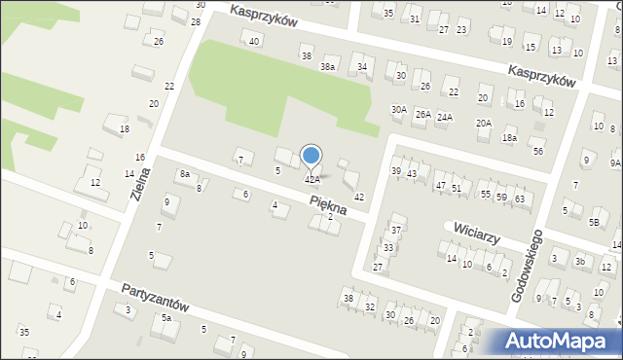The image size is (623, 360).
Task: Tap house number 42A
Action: pos(312,179)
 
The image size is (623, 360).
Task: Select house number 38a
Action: pos(329,66)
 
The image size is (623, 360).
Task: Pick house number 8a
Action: pos(184,173)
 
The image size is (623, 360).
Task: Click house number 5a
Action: pos(166,318)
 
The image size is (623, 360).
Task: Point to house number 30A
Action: pos(399,110)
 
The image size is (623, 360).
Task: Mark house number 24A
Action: pos(445,117)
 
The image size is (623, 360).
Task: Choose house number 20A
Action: pos(483,124)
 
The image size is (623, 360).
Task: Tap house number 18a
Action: pos(509,138)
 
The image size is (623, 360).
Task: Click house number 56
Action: pos(538,151)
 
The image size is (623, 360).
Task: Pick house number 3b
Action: pos(580,261)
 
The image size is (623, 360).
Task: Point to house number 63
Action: pos(520,199)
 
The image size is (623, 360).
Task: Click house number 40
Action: pos(254,41)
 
